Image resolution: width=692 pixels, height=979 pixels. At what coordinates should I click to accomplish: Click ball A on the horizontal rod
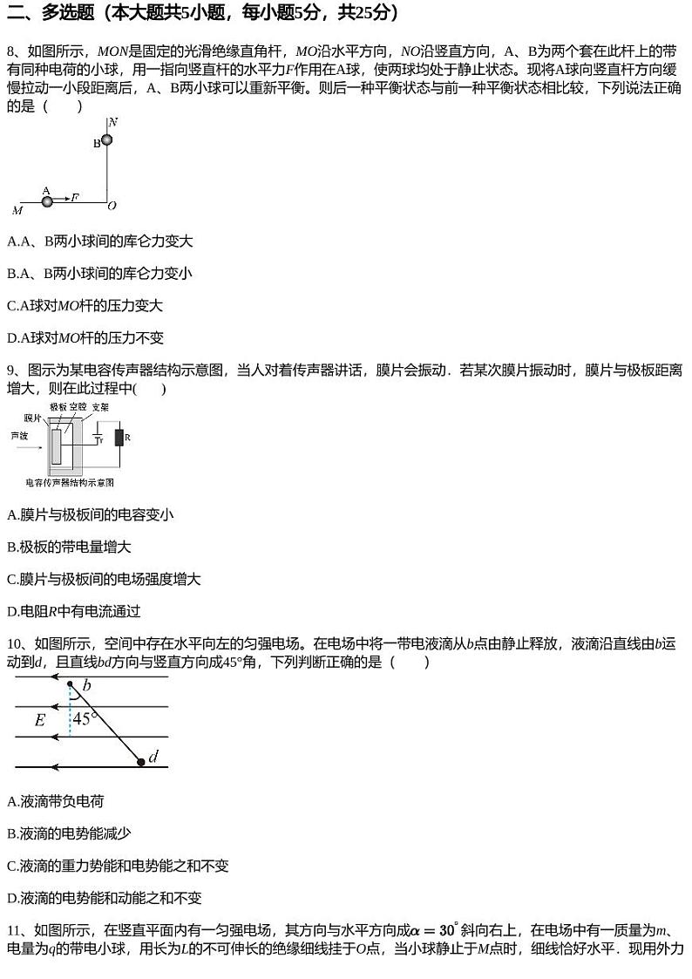(47, 201)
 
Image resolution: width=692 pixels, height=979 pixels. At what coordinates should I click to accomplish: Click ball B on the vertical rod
(107, 139)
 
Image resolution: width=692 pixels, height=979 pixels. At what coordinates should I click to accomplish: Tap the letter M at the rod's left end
(17, 210)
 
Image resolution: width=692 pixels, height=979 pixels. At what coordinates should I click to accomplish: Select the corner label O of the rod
(112, 206)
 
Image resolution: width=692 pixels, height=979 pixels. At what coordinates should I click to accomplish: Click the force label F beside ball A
(75, 197)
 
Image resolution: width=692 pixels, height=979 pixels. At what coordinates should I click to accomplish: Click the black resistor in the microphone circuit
(119, 437)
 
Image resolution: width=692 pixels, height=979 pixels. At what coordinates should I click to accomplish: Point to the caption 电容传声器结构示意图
(70, 482)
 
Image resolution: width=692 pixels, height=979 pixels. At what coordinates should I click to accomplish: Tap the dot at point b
(71, 684)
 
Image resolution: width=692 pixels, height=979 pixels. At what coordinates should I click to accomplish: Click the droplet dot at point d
(141, 761)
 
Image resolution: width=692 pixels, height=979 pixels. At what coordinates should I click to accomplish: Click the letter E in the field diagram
(40, 720)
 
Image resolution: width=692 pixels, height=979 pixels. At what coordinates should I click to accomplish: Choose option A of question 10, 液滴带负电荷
(55, 801)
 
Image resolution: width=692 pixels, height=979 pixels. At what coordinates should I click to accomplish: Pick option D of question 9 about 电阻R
(73, 611)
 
